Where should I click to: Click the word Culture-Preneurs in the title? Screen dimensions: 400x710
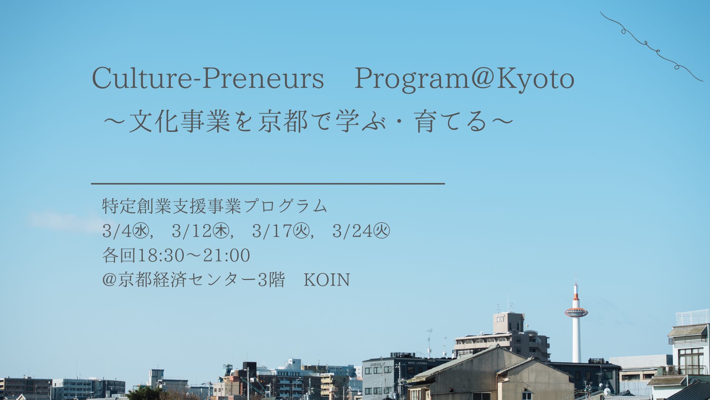point(208,79)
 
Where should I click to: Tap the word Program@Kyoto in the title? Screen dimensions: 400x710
point(464,79)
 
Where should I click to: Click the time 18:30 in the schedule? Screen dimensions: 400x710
point(161,256)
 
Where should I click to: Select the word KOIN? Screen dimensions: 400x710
point(327,280)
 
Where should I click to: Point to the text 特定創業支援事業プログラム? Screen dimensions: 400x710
point(214,206)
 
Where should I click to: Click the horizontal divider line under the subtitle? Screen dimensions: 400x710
point(268,183)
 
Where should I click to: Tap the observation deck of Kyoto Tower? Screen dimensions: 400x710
point(576,312)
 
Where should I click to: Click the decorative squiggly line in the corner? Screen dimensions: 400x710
point(651,46)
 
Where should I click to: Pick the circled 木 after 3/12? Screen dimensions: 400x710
point(222,232)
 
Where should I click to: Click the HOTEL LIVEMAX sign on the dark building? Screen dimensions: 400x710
point(417,363)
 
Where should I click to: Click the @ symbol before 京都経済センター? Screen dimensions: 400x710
point(109,280)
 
